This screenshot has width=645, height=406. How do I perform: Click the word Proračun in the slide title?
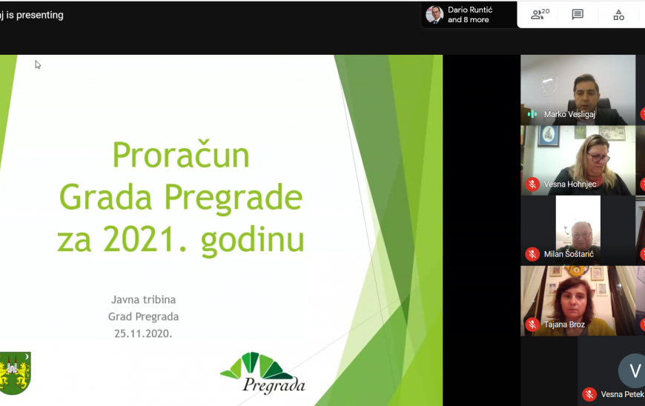coord(180,156)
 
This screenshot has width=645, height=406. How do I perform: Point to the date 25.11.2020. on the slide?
coord(143,333)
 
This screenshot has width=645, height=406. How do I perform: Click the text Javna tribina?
coord(143,299)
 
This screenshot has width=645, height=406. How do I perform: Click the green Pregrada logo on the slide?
coord(262,373)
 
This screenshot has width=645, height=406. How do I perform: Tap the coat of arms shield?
coord(15,372)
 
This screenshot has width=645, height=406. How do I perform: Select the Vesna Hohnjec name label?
coord(570,184)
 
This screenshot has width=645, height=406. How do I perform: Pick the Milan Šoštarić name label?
coord(569,254)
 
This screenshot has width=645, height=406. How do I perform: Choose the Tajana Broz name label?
coord(564,325)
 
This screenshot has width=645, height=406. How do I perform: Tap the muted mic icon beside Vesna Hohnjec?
coord(532,184)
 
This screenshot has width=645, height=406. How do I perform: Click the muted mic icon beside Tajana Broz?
coord(532,325)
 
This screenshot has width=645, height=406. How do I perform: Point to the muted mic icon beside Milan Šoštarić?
coord(532,254)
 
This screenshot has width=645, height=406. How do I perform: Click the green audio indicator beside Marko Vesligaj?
coord(532,114)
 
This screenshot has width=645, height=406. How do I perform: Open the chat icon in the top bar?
coord(578,15)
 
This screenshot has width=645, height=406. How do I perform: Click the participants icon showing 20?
coord(540,15)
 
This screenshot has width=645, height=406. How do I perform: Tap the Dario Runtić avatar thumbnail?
coord(434,15)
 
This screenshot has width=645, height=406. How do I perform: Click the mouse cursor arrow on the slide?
coord(37,64)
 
